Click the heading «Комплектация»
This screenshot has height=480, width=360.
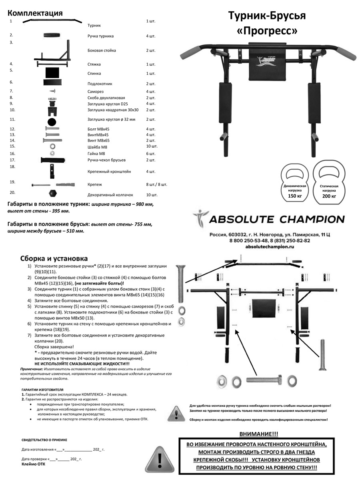click(x=35, y=13)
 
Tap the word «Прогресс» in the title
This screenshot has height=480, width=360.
click(x=267, y=31)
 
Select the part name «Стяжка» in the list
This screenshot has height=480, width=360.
click(x=94, y=64)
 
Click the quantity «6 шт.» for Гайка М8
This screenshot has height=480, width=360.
click(x=151, y=154)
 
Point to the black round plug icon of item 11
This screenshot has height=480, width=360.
click(x=52, y=121)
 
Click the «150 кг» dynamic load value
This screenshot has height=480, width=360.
click(x=295, y=196)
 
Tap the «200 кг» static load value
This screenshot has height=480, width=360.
click(x=329, y=196)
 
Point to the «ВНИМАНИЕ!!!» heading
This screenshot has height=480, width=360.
click(x=259, y=434)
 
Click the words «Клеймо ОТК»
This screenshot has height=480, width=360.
click(x=34, y=464)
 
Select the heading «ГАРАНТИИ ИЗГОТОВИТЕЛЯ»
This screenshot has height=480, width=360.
click(x=42, y=389)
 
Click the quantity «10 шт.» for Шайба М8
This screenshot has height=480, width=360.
click(x=152, y=146)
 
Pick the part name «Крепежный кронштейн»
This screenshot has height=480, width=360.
click(x=109, y=172)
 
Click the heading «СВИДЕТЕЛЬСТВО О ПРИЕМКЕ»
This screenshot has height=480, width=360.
click(x=44, y=440)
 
